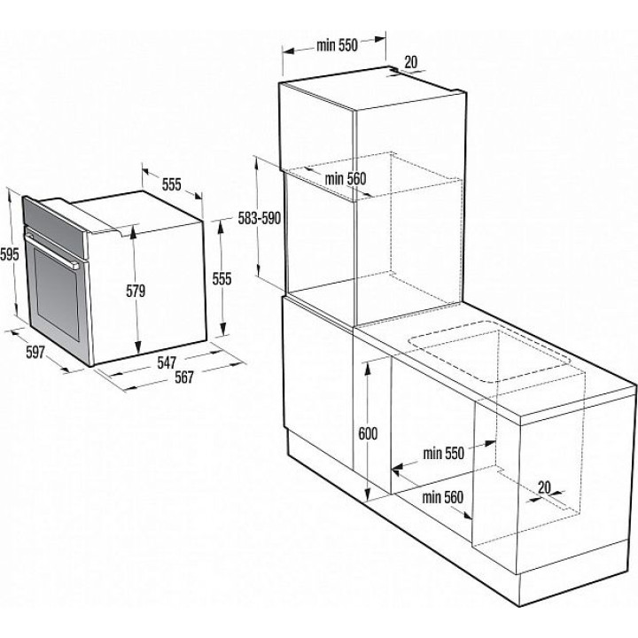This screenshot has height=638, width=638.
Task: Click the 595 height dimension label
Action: coord(10,254)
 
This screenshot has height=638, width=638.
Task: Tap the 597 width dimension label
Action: coord(35,352)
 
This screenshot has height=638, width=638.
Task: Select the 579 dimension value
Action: coord(136,291)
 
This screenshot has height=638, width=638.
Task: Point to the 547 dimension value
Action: coord(167,362)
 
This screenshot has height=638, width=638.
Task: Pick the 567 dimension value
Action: coord(184,377)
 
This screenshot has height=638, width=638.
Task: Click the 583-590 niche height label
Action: coord(259,219)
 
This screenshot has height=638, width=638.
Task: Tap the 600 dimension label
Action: coord(368,433)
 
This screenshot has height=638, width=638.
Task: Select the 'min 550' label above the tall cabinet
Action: coord(337,45)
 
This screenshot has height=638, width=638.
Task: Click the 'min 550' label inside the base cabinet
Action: coord(444,454)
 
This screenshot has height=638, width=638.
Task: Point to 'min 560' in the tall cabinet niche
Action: coord(346,178)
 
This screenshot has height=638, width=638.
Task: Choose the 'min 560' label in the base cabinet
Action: coord(443,497)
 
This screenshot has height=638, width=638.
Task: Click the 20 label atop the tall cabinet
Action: coord(411,62)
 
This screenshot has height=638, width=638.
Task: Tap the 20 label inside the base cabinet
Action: coord(544,487)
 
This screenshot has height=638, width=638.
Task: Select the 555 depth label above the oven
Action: coord(171,184)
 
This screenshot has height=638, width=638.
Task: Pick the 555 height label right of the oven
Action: coord(222,279)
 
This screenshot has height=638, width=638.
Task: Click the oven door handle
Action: coord(52,249)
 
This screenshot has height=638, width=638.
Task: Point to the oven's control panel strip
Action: coord(55,228)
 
